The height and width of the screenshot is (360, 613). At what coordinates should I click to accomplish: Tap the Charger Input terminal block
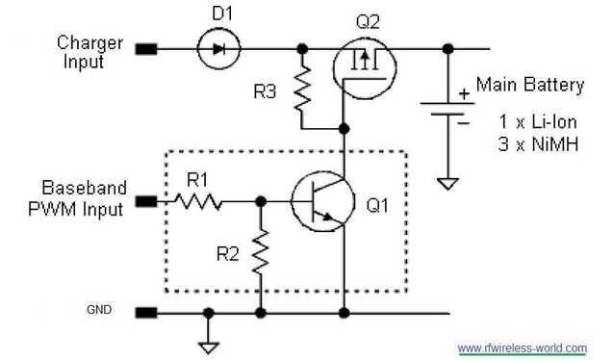(x=146, y=47)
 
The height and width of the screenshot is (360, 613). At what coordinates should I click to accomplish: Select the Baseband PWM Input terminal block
(x=146, y=202)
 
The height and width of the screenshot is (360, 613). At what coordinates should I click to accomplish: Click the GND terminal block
(x=146, y=312)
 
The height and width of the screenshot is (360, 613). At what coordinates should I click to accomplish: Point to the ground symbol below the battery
(x=447, y=182)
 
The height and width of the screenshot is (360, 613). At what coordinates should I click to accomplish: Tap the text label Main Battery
(x=529, y=85)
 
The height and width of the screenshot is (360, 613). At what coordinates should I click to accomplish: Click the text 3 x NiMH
(x=531, y=143)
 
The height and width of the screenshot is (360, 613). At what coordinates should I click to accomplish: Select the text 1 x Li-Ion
(x=532, y=122)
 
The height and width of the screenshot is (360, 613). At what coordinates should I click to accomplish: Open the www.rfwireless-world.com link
(x=522, y=347)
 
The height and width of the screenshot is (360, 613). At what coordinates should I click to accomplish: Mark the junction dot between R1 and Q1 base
(x=259, y=202)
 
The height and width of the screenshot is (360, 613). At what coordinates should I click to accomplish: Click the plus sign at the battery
(x=466, y=93)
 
